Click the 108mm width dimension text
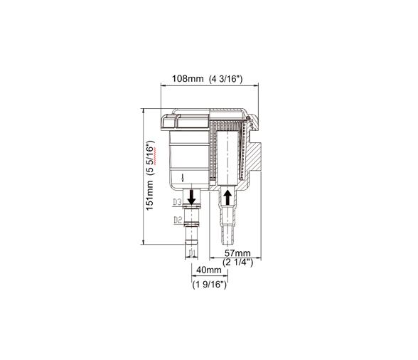188,79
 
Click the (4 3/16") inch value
226,79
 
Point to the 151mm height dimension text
149,196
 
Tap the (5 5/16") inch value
151,157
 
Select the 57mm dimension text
237,253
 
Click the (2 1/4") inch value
237,262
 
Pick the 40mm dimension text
209,270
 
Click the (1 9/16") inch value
210,285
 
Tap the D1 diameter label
192,253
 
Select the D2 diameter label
178,220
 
